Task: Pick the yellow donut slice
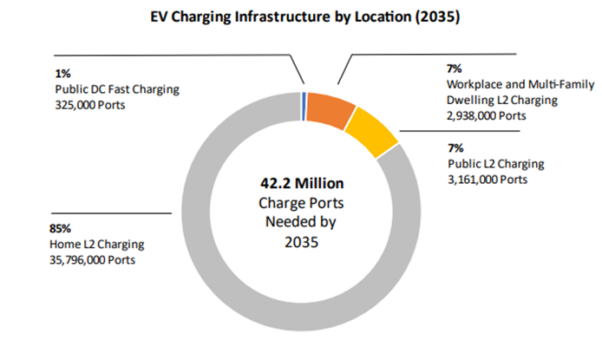[x=373, y=129]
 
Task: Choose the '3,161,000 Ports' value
[x=487, y=180]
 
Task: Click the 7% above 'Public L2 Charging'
[x=455, y=148]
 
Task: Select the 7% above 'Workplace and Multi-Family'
[x=455, y=69]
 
